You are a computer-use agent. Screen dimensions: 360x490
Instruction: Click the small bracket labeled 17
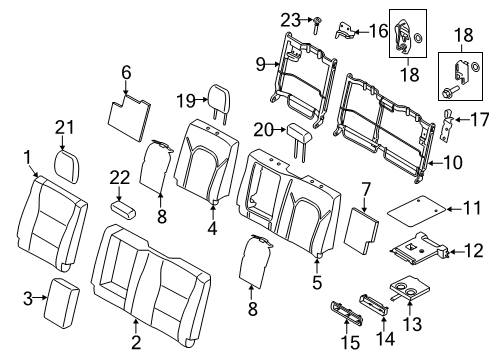point(448,126)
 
